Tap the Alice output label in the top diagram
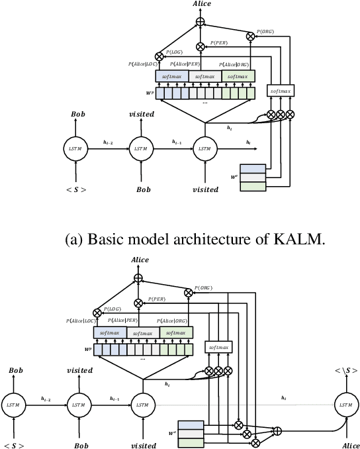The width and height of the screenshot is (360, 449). pos(201,5)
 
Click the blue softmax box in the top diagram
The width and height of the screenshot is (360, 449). pos(172,77)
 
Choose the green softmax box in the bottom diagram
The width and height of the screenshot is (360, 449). pos(176,332)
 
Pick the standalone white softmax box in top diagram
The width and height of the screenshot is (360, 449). pos(281,89)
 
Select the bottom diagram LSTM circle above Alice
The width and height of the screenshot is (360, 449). pos(344,404)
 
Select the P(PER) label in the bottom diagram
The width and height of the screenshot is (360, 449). pos(156,299)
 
